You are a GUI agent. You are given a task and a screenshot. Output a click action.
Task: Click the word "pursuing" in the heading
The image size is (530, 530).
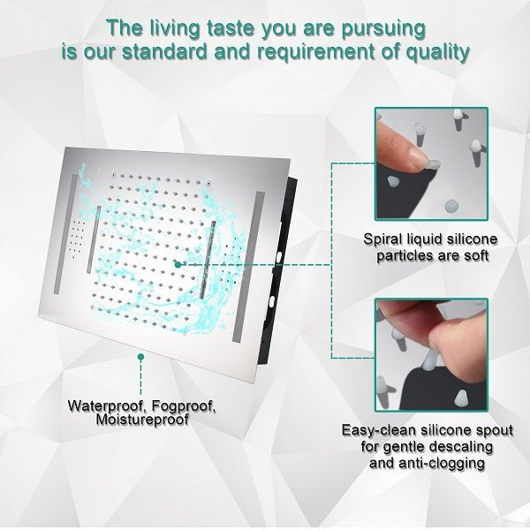(383, 29)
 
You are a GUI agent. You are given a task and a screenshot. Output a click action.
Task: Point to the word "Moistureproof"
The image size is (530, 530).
(142, 420)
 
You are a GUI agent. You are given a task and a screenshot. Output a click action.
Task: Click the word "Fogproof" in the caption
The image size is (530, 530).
(184, 406)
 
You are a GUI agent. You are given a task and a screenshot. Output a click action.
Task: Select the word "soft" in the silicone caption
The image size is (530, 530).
(476, 255)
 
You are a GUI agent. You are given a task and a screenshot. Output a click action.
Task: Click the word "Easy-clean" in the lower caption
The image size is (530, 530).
(379, 431)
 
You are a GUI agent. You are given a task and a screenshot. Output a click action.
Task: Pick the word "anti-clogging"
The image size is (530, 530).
(442, 463)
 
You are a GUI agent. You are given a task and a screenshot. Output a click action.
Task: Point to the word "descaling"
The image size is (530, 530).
(461, 447)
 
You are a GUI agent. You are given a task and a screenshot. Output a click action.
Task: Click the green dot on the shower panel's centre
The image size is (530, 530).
(178, 265)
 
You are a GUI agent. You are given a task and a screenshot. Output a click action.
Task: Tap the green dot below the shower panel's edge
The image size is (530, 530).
(141, 357)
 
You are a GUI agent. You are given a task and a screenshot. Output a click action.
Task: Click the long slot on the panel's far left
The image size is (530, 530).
(65, 234)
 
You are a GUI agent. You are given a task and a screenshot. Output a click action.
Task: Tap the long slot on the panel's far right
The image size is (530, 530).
(248, 267)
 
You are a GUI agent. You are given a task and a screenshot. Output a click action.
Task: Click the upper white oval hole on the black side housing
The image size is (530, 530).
(280, 256)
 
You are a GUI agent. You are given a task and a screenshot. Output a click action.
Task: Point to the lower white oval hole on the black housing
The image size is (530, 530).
(271, 301)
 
